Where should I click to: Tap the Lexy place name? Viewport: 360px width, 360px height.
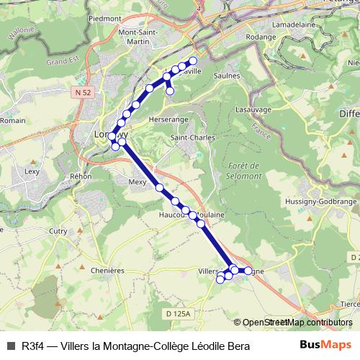click(32, 171)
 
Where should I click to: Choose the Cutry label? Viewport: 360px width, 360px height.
click(58, 231)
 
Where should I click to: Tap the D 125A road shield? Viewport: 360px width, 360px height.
click(176, 314)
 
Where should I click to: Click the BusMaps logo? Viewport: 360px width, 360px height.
click(326, 345)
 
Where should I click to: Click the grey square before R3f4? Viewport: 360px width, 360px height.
click(10, 346)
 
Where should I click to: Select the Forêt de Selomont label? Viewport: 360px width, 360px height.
click(244, 171)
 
